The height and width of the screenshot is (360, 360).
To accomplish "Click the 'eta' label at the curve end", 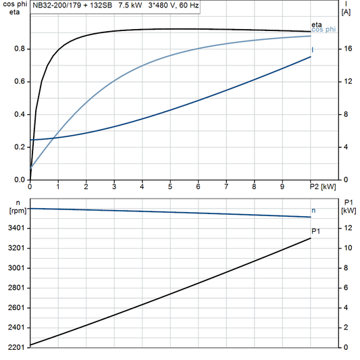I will pyautogui.click(x=317, y=25).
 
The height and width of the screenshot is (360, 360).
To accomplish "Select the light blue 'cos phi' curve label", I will pyautogui.click(x=323, y=30).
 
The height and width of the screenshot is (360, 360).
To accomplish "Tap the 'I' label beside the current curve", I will pyautogui.click(x=312, y=50).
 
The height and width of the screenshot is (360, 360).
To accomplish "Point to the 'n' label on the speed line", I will pyautogui.click(x=313, y=210).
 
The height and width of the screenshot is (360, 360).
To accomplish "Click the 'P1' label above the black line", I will pyautogui.click(x=315, y=232).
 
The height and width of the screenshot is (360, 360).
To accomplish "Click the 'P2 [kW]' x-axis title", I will pyautogui.click(x=322, y=186).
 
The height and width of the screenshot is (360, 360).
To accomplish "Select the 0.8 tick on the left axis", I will pyautogui.click(x=20, y=49).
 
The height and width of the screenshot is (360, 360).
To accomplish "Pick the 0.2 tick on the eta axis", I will pyautogui.click(x=20, y=147).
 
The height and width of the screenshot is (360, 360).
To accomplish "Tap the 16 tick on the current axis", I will pyautogui.click(x=347, y=49).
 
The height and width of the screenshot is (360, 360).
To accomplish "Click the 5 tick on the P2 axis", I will pyautogui.click(x=170, y=186).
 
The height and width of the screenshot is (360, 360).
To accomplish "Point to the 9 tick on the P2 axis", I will pyautogui.click(x=282, y=186).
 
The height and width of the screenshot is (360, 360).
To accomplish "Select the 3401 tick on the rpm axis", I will pyautogui.click(x=16, y=228).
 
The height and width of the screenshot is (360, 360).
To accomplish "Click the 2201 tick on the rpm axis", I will pyautogui.click(x=16, y=347).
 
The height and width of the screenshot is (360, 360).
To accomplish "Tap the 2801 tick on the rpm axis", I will pyautogui.click(x=16, y=288).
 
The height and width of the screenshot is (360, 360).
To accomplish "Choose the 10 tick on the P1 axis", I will pyautogui.click(x=347, y=248).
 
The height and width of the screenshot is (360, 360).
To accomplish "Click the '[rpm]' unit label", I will pyautogui.click(x=16, y=211).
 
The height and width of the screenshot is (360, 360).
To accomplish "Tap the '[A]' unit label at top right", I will pyautogui.click(x=346, y=12).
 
